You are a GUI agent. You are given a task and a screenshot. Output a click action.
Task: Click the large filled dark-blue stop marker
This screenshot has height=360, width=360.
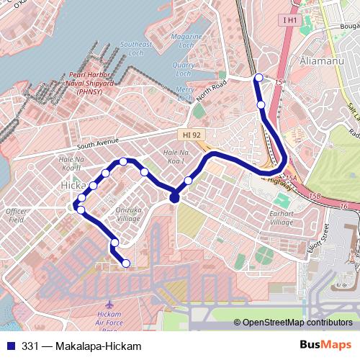click(x=174, y=198)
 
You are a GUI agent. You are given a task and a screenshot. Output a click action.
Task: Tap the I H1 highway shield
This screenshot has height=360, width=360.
click(x=289, y=20)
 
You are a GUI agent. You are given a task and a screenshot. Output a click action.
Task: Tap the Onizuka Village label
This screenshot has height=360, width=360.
click(x=128, y=213)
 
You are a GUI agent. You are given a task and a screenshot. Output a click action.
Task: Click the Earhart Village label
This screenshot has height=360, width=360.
click(x=282, y=217)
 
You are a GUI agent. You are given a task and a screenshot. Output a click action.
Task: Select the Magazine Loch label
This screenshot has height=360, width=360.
click(x=186, y=40)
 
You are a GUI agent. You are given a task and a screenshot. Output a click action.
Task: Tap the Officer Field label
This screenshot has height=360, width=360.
click(x=16, y=215)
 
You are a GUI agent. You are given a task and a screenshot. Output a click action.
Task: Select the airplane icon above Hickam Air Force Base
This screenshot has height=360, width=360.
click(x=109, y=304)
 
